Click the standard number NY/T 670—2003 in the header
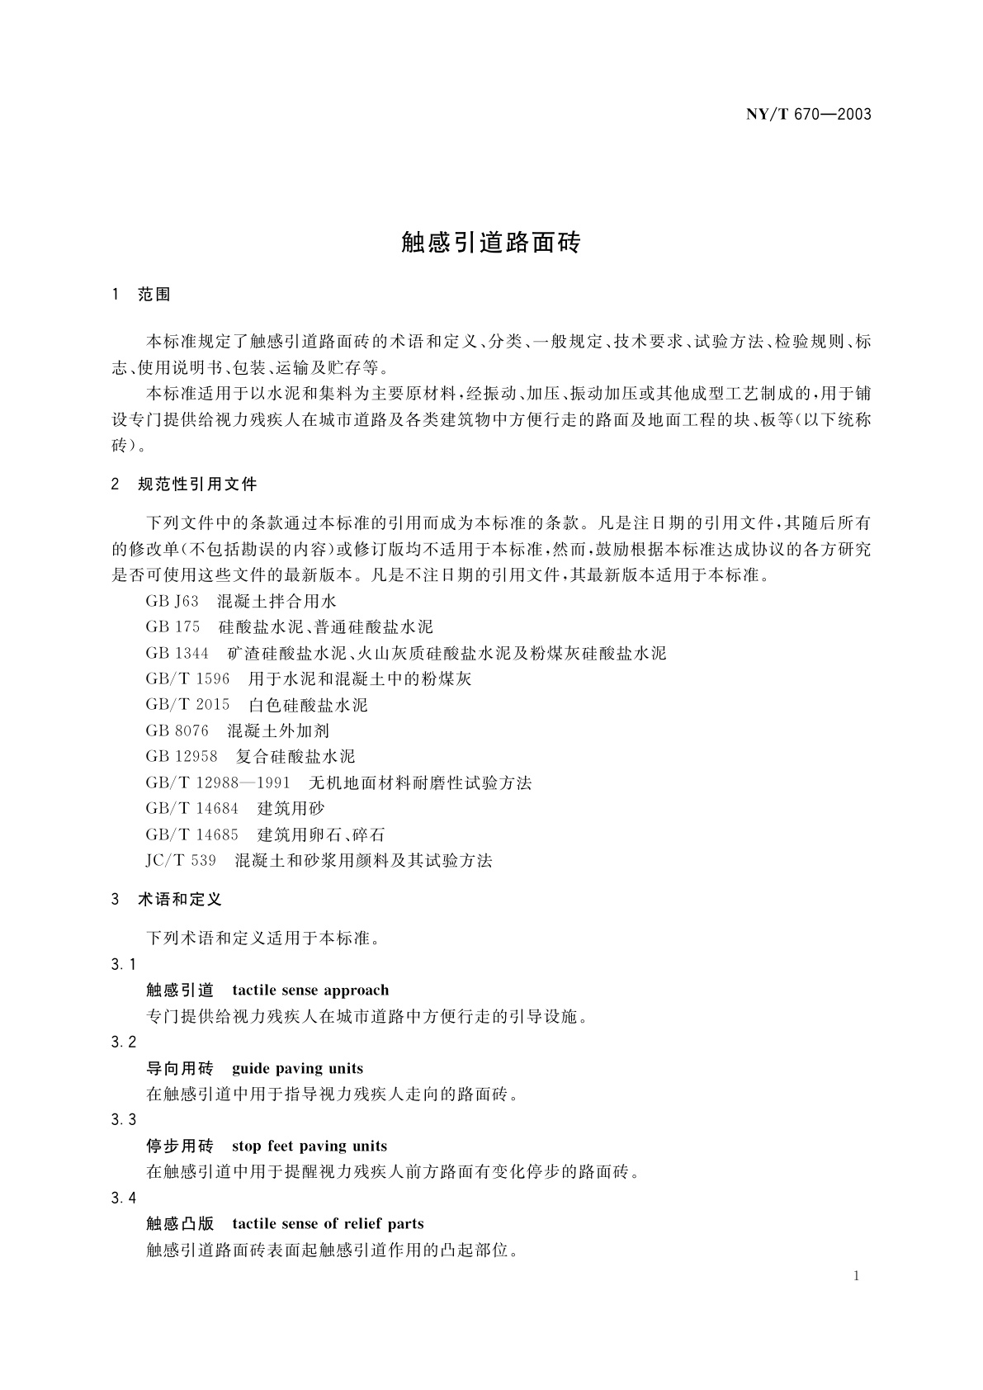[808, 114]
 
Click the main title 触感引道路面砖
[491, 243]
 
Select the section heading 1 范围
[140, 295]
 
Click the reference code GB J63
[172, 602]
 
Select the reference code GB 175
[172, 627]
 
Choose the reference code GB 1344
[177, 654]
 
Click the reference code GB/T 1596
[187, 679]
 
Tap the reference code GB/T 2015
[187, 705]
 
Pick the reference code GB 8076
[177, 730]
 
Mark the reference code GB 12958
[181, 756]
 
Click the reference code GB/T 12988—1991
[218, 782]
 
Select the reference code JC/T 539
[181, 860]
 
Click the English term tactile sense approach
[310, 990]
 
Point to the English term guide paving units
[297, 1069]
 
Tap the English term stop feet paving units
[309, 1147]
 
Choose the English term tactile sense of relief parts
[328, 1224]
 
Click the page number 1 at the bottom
[857, 1276]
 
